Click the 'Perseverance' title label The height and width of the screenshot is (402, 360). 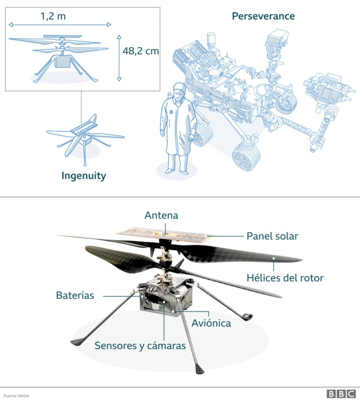click(x=263, y=16)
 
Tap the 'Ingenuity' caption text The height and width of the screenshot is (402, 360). click(x=84, y=176)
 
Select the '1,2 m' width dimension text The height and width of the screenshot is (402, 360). click(x=53, y=16)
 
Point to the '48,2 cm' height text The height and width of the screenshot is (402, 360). click(x=141, y=51)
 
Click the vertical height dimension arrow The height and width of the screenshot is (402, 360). click(x=119, y=57)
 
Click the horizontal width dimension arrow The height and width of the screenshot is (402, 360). click(x=60, y=25)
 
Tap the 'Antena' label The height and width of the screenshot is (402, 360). click(x=161, y=215)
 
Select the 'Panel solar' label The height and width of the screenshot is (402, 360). click(x=272, y=236)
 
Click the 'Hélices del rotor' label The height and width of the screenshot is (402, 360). click(x=285, y=277)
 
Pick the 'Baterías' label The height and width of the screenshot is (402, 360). click(x=75, y=295)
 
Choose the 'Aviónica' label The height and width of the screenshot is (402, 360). click(x=211, y=323)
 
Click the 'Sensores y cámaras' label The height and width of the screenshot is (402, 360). click(x=140, y=345)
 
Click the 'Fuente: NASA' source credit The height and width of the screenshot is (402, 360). click(x=16, y=395)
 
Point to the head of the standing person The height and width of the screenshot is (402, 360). click(x=179, y=91)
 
